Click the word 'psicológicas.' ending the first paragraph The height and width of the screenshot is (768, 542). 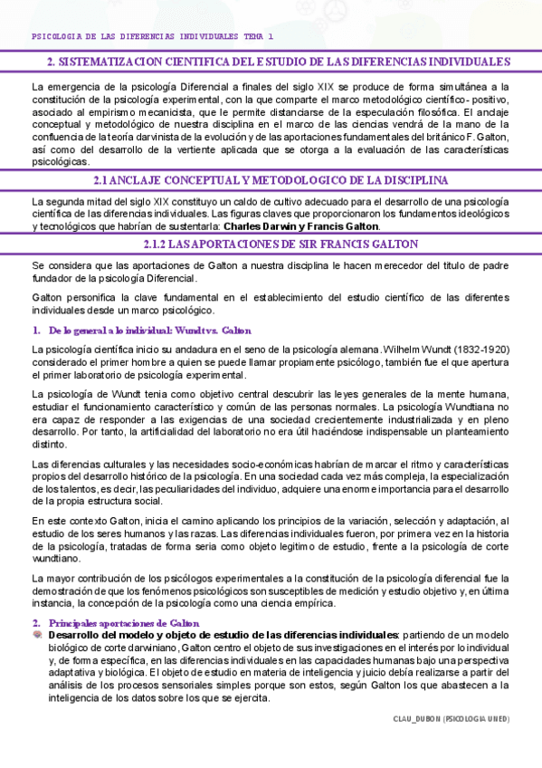60,162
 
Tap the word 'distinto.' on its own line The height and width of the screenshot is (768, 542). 50,445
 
